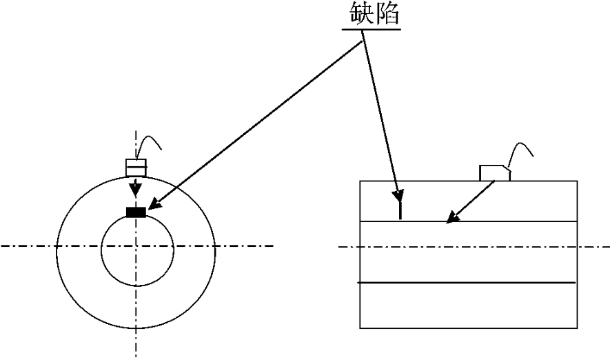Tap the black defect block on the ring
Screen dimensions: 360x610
coord(136,212)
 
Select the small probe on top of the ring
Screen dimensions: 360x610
coord(136,167)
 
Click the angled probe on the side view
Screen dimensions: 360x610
coord(495,172)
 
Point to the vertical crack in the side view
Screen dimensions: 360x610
coord(400,208)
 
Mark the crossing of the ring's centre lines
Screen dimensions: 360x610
coord(136,246)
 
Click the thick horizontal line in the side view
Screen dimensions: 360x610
coord(466,283)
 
